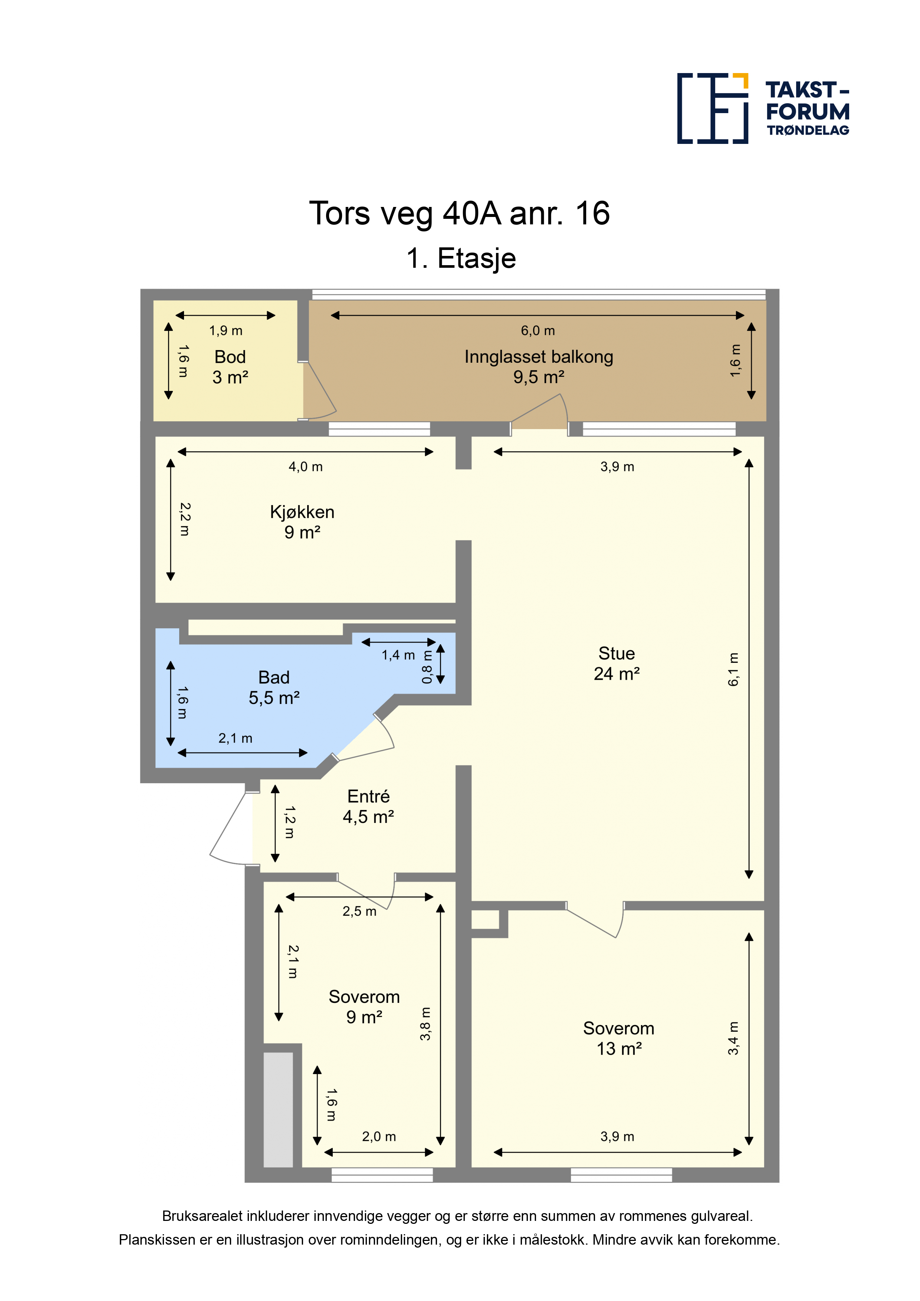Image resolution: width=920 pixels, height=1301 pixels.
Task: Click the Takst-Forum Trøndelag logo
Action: (763, 108)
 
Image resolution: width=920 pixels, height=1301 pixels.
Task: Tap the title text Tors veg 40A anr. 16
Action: (459, 214)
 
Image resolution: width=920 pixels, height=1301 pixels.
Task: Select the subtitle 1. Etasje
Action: (461, 258)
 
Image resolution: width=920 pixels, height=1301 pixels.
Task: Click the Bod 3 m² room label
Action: (230, 367)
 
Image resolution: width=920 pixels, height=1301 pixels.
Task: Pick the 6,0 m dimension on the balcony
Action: (538, 330)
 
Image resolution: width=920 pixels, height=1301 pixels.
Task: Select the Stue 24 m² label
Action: (617, 663)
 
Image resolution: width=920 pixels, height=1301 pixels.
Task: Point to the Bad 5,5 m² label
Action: (274, 687)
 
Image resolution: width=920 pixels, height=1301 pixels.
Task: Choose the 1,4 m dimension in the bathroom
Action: (398, 655)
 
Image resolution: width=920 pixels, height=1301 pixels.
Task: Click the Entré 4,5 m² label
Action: (368, 806)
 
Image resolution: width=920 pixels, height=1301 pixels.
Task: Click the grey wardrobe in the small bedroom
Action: (278, 1110)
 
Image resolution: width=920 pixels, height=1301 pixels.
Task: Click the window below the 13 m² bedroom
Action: (621, 1175)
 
